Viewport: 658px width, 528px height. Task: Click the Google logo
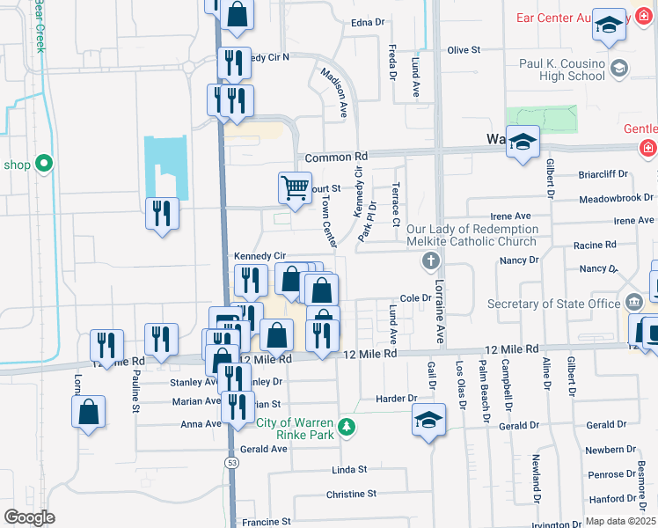(29, 517)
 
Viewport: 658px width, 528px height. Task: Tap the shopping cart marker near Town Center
(295, 187)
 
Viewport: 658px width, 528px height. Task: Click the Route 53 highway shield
(231, 461)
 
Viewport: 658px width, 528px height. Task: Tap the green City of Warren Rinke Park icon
(348, 427)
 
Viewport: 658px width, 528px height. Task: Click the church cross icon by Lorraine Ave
(431, 260)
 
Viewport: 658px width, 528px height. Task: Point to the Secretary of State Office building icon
(633, 304)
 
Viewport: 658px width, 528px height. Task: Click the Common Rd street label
(335, 157)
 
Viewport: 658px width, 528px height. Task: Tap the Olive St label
(464, 51)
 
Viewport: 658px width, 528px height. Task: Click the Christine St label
(351, 495)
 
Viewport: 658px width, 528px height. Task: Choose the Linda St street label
(348, 471)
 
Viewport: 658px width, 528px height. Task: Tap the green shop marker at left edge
(42, 164)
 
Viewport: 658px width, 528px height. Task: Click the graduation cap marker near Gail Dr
(428, 420)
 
